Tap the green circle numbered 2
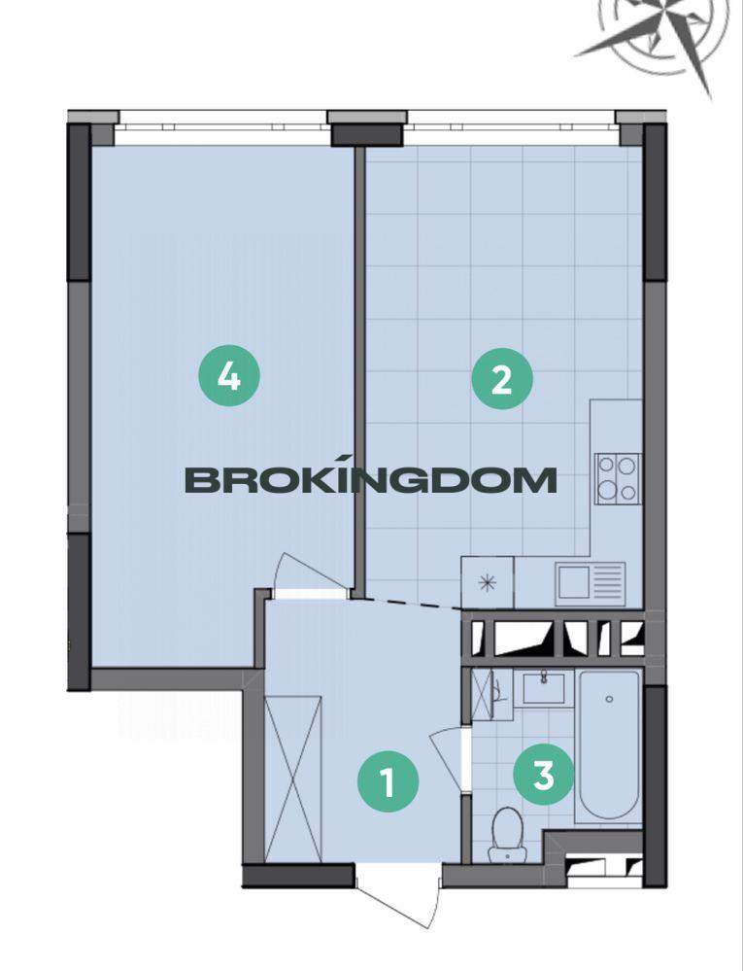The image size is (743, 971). [502, 378]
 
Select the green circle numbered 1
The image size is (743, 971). [388, 781]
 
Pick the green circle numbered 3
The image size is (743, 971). [544, 774]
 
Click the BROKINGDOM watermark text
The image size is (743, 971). [371, 480]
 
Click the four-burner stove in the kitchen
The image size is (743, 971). [618, 478]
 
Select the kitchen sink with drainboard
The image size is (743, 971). [591, 583]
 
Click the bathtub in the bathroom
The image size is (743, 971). [609, 748]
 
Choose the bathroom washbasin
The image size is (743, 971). [543, 687]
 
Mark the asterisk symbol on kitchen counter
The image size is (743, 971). [488, 583]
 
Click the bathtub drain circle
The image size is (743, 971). [609, 699]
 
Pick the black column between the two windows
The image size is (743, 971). [367, 135]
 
